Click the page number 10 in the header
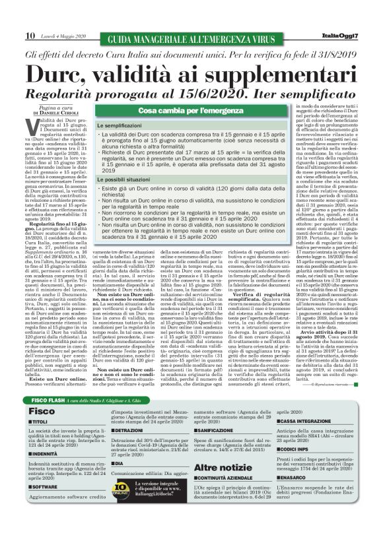pyautogui.click(x=30, y=35)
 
